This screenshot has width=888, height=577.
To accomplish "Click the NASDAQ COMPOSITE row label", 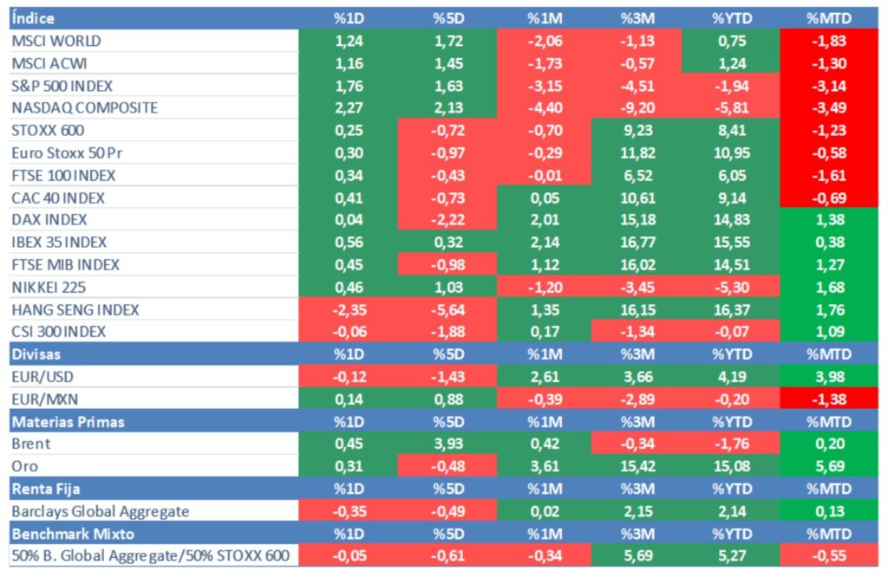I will [x=84, y=108].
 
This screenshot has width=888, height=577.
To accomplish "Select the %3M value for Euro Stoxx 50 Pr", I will [x=637, y=153].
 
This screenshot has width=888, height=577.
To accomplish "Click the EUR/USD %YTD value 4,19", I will [x=730, y=377].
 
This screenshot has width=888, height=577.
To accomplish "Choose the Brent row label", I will [x=30, y=444].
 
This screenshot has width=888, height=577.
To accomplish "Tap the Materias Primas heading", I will [x=68, y=422].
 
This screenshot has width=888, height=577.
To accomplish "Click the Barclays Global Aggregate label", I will [x=100, y=511].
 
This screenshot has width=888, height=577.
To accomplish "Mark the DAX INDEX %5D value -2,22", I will [x=447, y=220].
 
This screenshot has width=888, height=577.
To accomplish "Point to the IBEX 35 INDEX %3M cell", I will [x=637, y=243].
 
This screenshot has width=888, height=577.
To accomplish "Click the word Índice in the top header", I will [x=34, y=18].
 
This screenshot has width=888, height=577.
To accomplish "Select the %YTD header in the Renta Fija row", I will [x=730, y=489].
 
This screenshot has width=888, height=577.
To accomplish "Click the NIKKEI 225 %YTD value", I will [x=730, y=287].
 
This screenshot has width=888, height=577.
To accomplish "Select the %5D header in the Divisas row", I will [x=447, y=354].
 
